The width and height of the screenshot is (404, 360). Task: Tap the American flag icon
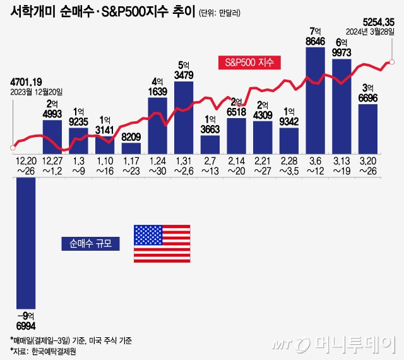(x=162, y=243)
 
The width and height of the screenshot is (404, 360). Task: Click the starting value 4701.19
(x=27, y=81)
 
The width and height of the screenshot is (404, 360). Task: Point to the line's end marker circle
(x=392, y=62)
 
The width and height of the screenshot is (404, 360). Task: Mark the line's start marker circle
(x=11, y=148)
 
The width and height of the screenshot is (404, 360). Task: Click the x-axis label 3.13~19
(x=341, y=165)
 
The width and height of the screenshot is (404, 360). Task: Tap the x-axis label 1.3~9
(x=78, y=165)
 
